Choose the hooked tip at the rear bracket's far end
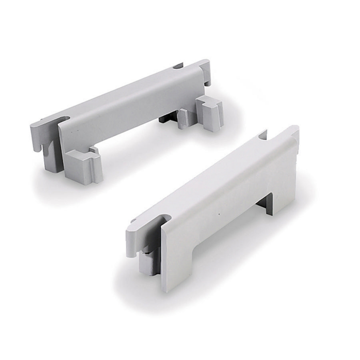(207, 72)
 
